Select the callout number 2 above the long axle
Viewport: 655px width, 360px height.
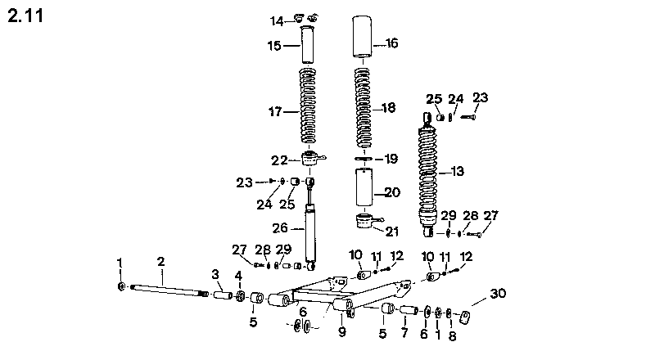click(161, 261)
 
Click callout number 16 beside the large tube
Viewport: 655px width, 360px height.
click(391, 43)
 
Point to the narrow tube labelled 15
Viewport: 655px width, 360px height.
click(309, 47)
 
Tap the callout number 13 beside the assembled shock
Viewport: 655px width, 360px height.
click(456, 171)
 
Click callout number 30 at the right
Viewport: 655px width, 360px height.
click(498, 294)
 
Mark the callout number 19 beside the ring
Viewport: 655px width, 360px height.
click(391, 159)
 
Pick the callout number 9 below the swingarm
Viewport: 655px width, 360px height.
click(342, 332)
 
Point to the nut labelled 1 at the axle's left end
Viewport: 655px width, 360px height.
click(121, 287)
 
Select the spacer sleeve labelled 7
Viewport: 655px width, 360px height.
click(408, 311)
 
